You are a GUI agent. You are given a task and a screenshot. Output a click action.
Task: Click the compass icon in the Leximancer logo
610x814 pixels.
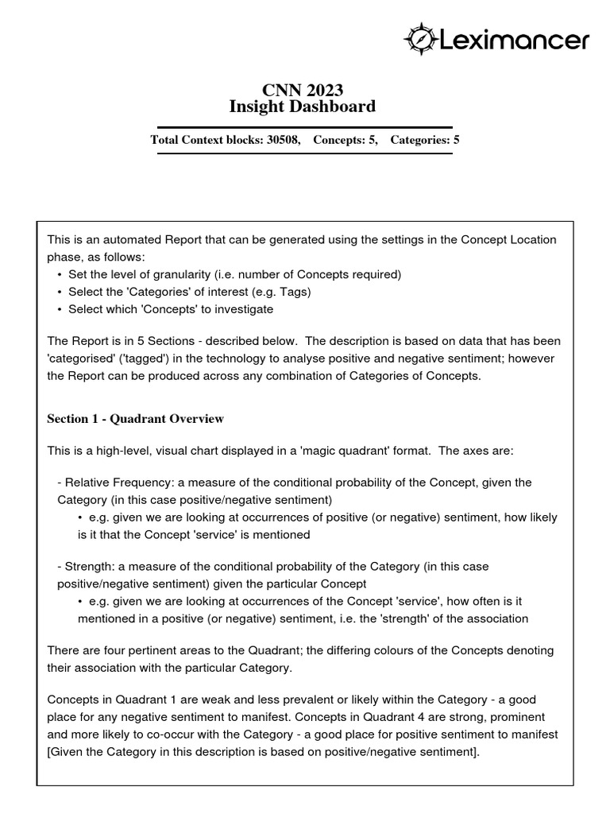419,37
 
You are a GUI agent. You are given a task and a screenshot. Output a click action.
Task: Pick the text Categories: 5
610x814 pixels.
424,140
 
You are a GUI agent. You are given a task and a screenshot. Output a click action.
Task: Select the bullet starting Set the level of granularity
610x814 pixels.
234,274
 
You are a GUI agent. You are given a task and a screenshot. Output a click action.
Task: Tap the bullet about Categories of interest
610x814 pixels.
189,292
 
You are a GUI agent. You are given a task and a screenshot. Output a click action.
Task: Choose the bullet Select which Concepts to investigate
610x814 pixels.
170,309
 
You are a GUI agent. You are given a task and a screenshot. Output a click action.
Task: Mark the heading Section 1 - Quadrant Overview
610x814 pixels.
135,418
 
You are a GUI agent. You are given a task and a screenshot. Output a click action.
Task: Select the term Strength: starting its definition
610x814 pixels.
86,567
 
